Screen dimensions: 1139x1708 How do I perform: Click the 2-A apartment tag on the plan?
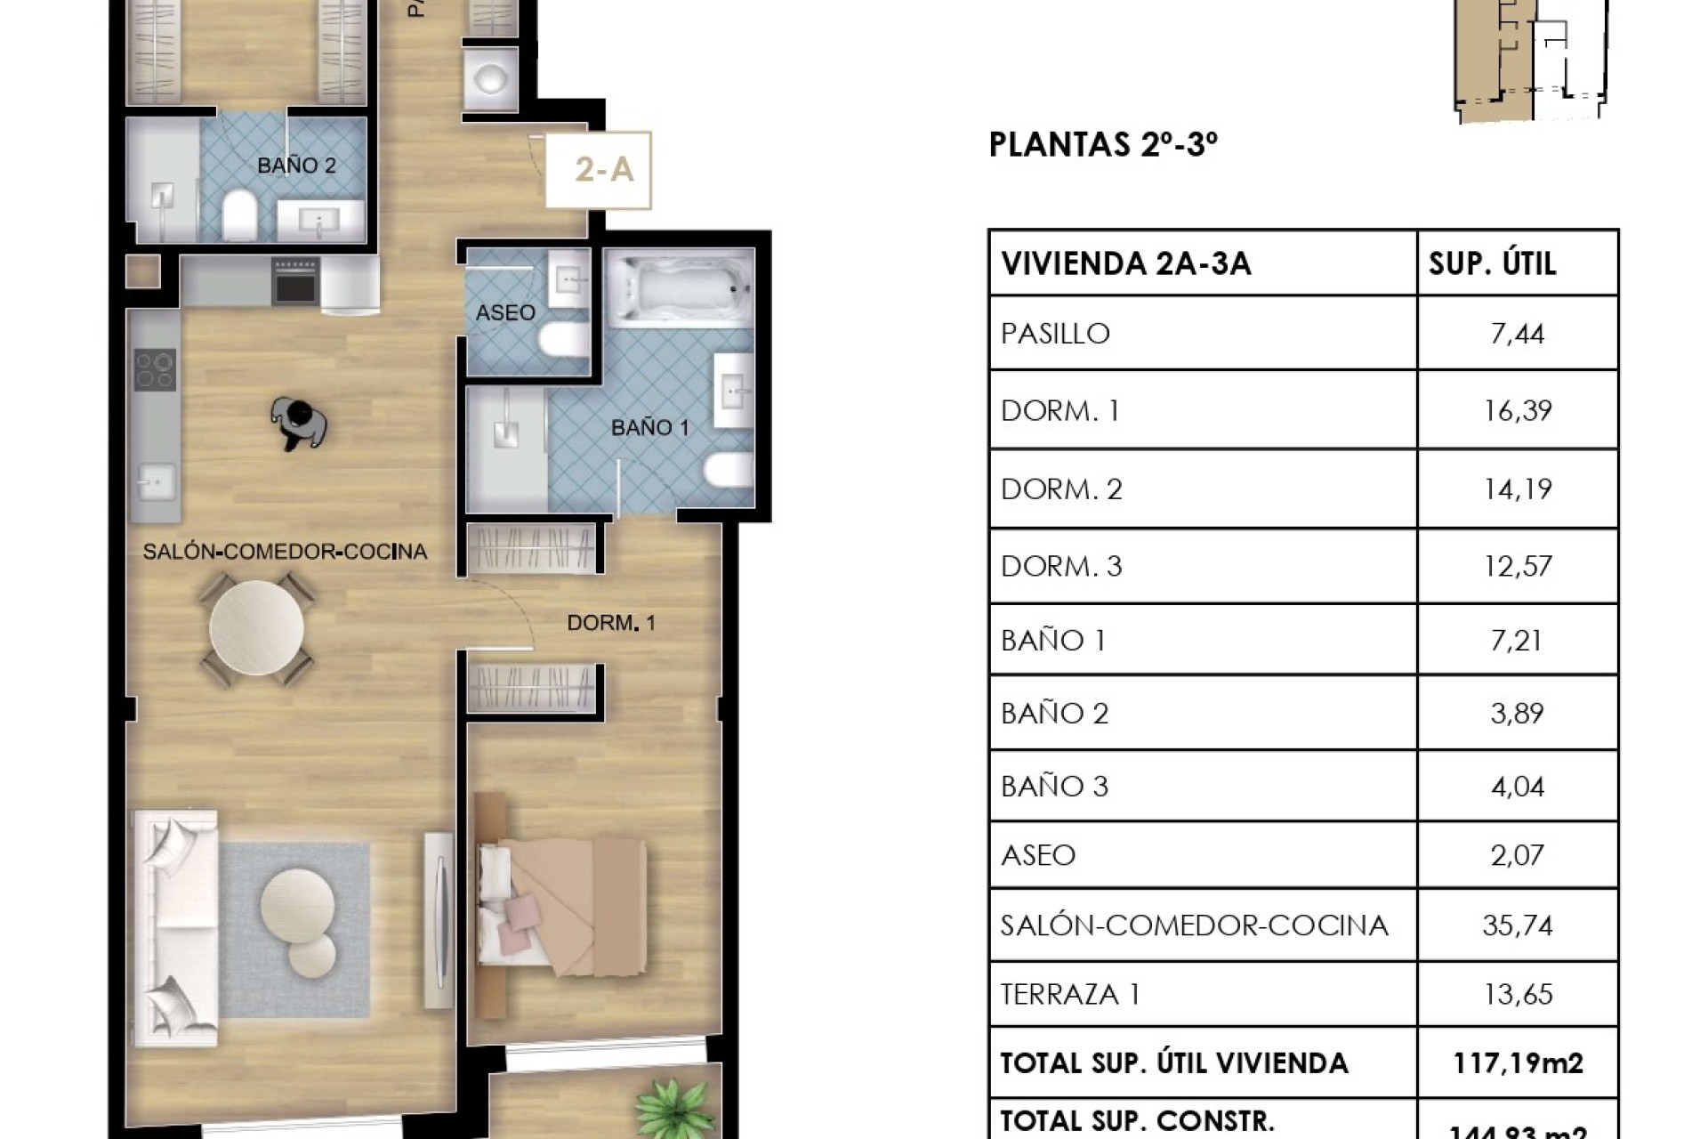(x=603, y=169)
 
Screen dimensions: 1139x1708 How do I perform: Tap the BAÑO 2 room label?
(x=296, y=166)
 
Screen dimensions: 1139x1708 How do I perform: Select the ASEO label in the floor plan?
(x=505, y=312)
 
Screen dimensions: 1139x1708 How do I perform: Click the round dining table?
(x=256, y=628)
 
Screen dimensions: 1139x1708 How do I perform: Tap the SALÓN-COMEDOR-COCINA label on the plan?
(x=285, y=552)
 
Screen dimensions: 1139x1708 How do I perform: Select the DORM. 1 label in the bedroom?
(x=611, y=623)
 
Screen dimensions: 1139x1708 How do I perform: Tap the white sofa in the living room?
(x=174, y=925)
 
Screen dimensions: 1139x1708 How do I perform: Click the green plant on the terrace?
(x=676, y=1108)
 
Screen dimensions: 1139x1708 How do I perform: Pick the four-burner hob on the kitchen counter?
(x=155, y=370)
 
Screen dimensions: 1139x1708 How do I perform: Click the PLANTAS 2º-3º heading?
(x=1103, y=144)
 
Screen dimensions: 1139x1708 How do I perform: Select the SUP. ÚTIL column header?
(x=1492, y=263)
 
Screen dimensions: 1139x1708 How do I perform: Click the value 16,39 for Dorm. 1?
(x=1518, y=410)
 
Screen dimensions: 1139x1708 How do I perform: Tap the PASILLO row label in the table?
(x=1055, y=334)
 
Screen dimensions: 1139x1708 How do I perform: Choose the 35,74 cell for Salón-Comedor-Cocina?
(x=1518, y=925)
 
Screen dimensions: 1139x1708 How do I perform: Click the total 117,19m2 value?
(x=1518, y=1062)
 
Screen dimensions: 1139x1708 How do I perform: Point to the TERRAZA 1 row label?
(x=1069, y=994)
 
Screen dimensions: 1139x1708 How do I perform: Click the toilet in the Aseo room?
(x=561, y=339)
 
